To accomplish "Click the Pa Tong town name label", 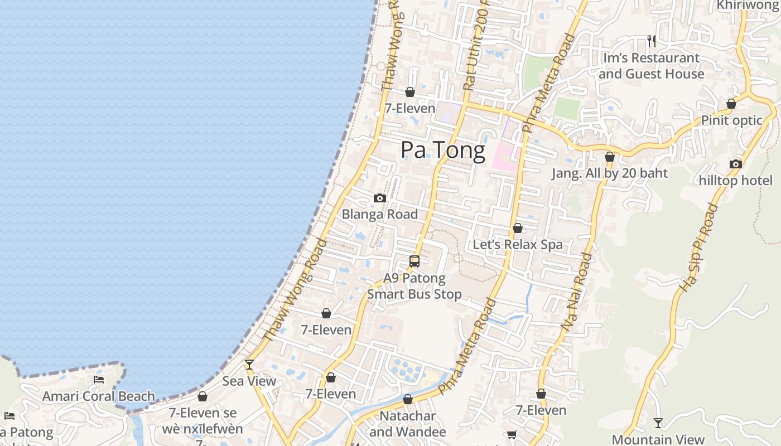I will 443,151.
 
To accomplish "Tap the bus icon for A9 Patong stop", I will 414,261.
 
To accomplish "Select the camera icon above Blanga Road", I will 380,198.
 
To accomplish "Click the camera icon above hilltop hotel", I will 735,164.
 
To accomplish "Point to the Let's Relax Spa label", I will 518,245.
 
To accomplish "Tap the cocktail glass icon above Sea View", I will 249,365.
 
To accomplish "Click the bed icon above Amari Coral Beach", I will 99,380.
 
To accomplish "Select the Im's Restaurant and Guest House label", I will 651,66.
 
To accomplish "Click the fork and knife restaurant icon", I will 651,41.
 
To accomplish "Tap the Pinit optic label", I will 731,120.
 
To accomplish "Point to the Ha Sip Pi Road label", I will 698,248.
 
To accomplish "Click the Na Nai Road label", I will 577,292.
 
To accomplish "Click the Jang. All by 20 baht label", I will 610,173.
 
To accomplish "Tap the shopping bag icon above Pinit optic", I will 731,104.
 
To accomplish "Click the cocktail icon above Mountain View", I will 658,423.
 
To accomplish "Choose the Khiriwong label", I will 748,5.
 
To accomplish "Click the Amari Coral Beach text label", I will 99,396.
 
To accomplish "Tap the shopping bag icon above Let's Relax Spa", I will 518,228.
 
